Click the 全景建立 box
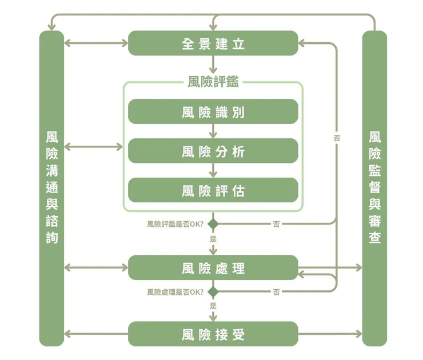click(213, 43)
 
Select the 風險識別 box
click(213, 111)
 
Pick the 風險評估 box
click(213, 190)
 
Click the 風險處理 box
click(213, 267)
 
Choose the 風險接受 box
click(213, 334)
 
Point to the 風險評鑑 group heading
click(213, 82)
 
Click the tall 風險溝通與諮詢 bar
click(51, 189)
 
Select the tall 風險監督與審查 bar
click(375, 189)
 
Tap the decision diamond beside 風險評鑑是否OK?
click(213, 223)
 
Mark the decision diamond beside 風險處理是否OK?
click(213, 292)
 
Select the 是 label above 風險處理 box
click(213, 238)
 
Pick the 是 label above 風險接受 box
click(213, 306)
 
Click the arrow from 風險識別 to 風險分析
click(213, 131)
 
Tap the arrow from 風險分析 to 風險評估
click(213, 170)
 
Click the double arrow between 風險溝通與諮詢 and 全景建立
click(96, 43)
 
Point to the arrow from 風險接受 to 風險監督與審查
click(330, 334)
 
